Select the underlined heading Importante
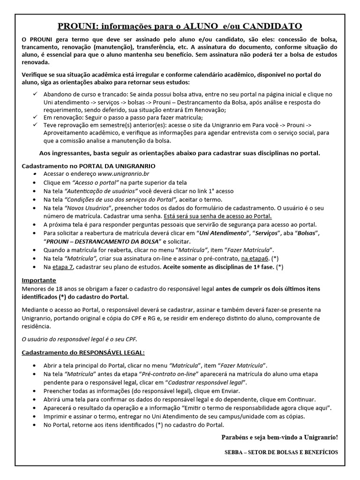click(x=39, y=280)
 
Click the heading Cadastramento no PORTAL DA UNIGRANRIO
click(x=89, y=166)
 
